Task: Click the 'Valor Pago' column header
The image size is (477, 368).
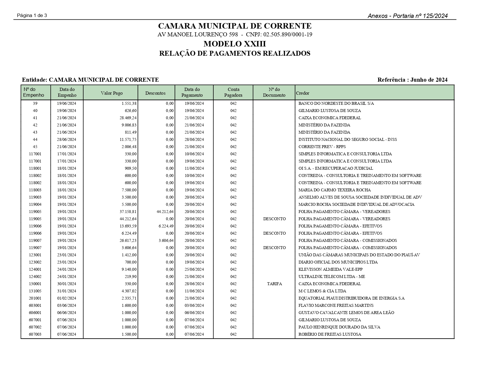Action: pos(112,93)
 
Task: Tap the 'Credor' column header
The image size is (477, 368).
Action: pos(303,93)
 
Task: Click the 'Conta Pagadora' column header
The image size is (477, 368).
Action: pos(233,92)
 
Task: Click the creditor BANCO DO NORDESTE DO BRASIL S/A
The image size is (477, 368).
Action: pos(336,103)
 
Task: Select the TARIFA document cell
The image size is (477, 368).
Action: pos(274,284)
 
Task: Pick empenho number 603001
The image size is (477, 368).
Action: pos(35,305)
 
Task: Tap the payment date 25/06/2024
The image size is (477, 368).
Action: pos(194,269)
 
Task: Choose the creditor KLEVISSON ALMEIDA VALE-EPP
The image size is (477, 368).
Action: pos(330,269)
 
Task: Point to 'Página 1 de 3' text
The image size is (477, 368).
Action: pos(32,16)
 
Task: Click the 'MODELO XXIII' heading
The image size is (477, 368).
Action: pos(234,44)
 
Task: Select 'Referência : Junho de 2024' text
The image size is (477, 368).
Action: pos(412,80)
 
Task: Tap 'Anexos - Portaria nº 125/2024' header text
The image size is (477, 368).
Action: pos(407,16)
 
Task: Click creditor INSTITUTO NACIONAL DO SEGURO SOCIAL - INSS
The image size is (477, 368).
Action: pos(347,139)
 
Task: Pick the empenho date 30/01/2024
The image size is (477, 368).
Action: pos(67,284)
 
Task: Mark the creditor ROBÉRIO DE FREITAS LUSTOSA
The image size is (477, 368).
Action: pos(330,334)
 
